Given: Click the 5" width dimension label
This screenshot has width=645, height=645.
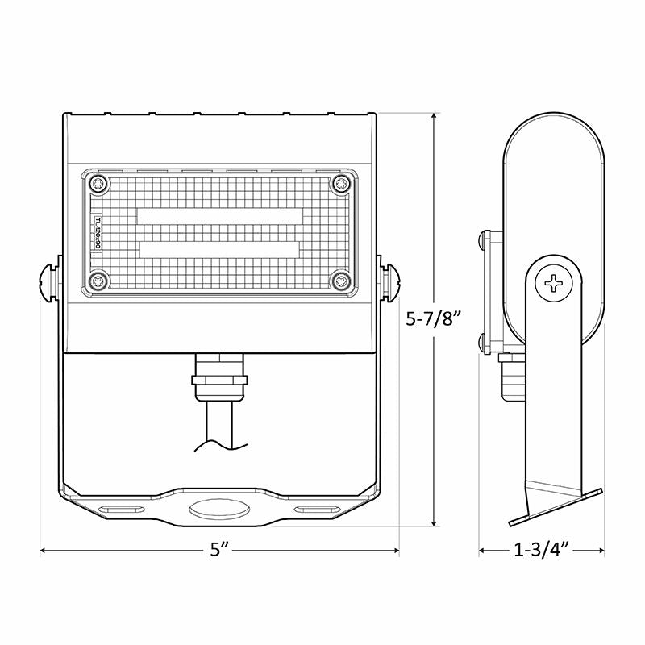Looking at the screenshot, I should tap(220, 551).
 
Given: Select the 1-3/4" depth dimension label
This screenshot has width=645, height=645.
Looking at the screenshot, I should tap(541, 551).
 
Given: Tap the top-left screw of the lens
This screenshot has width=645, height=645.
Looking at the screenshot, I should tap(98, 184).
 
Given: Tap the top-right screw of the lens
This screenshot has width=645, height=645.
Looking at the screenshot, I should tap(342, 184).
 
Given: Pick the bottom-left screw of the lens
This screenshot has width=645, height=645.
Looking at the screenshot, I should tap(98, 281).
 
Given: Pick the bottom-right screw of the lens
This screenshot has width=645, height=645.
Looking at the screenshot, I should tap(342, 281).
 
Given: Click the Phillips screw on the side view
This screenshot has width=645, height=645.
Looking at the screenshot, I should tap(556, 283).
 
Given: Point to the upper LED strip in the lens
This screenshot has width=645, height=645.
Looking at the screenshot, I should tap(219, 215).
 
